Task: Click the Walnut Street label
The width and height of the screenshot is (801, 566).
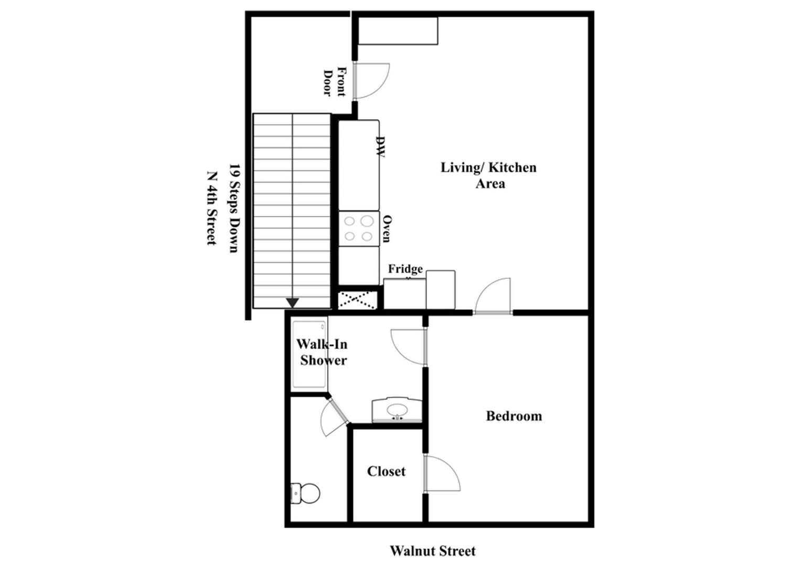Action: (433, 551)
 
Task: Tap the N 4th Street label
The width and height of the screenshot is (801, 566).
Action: (211, 209)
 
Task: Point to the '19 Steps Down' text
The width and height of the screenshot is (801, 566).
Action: (234, 209)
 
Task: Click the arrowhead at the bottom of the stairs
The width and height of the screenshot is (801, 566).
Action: (293, 303)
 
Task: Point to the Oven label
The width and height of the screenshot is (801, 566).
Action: (386, 228)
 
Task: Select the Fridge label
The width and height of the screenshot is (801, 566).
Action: (405, 269)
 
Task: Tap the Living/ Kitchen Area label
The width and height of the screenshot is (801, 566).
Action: (488, 176)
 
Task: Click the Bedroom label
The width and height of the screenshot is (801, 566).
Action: (514, 416)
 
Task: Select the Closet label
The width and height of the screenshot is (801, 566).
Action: (386, 471)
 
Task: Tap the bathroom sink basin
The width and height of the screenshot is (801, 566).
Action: (397, 410)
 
